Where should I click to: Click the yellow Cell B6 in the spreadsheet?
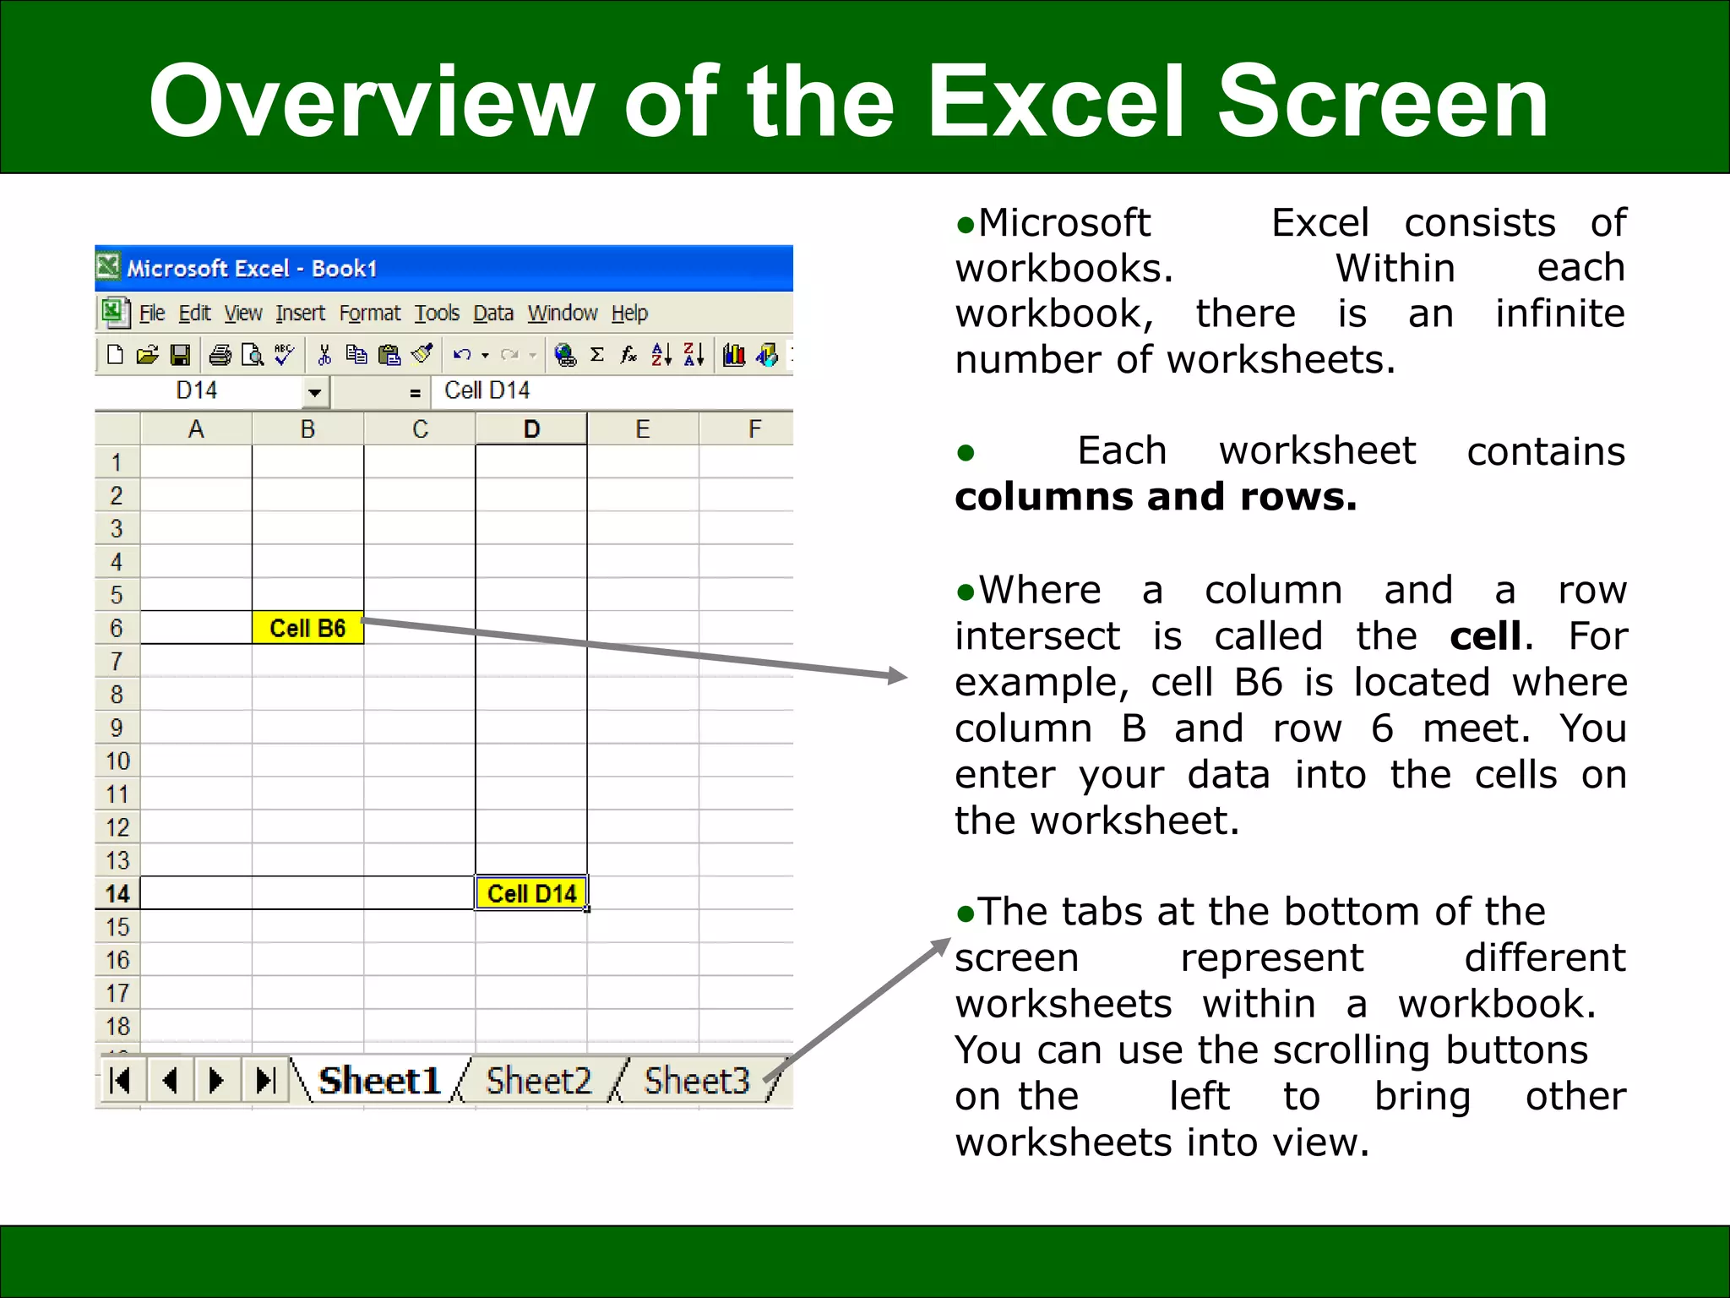(x=307, y=628)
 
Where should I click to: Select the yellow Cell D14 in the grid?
(x=531, y=893)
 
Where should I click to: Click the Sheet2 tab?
(x=538, y=1081)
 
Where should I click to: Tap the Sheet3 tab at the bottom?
(x=697, y=1081)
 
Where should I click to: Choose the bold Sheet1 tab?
(x=379, y=1081)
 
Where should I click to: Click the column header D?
(x=531, y=429)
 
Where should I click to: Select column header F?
(x=754, y=429)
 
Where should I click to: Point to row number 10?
(x=117, y=761)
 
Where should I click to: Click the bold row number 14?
(x=117, y=894)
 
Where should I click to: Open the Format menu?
(x=369, y=314)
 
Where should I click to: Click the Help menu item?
(x=629, y=314)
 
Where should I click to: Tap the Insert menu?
(x=300, y=314)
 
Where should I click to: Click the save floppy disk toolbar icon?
(x=180, y=355)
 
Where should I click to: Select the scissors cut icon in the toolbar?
(x=324, y=355)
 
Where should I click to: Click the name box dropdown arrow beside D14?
(x=314, y=392)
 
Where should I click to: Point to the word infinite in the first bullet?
(x=1559, y=314)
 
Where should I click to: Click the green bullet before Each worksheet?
(x=966, y=453)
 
